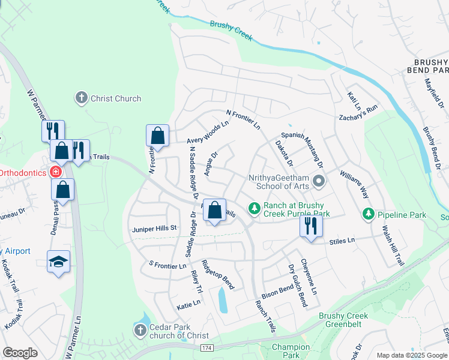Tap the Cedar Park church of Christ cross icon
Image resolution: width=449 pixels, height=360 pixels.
[140, 330]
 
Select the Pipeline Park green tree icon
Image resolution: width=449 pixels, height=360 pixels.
[368, 214]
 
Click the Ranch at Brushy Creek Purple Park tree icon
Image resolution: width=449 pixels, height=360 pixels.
[255, 208]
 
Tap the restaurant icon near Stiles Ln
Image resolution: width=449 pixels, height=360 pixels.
[311, 226]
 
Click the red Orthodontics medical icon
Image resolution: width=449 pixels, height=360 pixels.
[55, 172]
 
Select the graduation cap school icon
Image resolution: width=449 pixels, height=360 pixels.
[59, 261]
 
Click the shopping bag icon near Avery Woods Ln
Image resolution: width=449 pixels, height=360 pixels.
[157, 136]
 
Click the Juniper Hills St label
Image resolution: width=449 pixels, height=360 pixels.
[154, 228]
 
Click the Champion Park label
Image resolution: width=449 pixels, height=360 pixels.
[291, 351]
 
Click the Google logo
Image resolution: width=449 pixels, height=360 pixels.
[20, 353]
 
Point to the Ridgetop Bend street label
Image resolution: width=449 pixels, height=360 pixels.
[217, 274]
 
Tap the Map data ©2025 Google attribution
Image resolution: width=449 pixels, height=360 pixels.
[412, 355]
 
